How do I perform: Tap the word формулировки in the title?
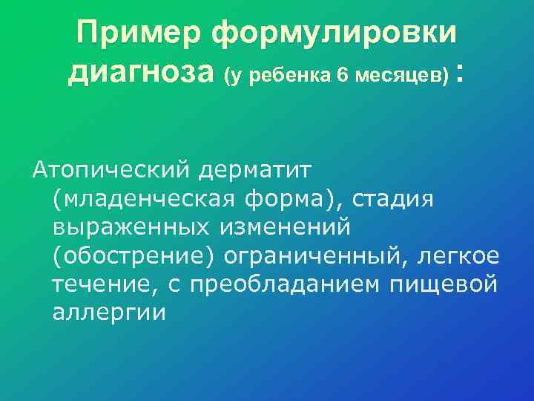[334, 34]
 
